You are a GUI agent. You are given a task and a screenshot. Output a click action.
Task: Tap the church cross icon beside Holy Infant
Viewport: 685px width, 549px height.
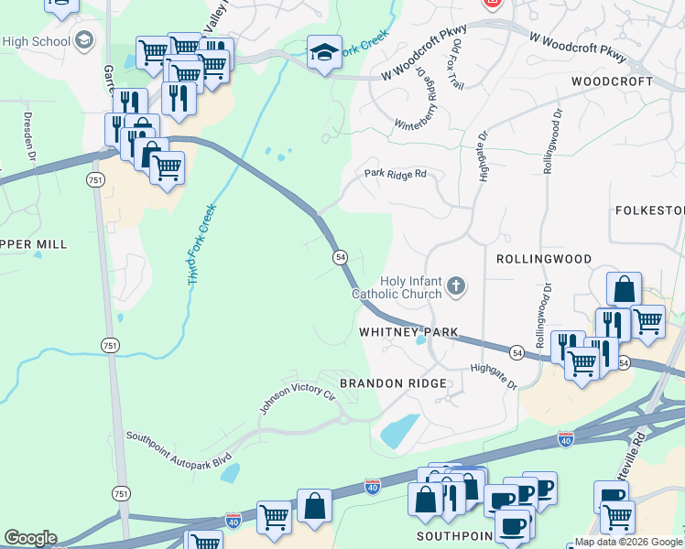click(456, 288)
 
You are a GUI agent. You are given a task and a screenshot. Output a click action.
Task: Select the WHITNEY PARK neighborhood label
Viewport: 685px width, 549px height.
click(408, 332)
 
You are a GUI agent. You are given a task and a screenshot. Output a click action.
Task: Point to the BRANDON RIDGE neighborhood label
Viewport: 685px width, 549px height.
click(394, 382)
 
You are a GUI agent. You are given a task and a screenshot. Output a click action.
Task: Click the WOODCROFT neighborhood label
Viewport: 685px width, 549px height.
click(612, 81)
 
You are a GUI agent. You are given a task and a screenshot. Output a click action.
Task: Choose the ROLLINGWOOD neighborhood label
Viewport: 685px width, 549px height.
click(544, 259)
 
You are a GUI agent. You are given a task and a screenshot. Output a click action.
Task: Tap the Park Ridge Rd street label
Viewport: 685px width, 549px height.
click(396, 173)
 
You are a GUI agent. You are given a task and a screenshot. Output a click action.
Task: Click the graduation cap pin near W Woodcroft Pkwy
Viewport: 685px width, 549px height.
click(324, 53)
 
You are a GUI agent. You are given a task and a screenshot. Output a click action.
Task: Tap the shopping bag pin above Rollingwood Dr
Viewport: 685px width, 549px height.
click(624, 289)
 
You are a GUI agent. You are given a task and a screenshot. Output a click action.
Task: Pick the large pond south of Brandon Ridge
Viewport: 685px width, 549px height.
click(399, 431)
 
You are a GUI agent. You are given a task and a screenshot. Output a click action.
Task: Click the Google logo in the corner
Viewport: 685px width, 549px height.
click(30, 538)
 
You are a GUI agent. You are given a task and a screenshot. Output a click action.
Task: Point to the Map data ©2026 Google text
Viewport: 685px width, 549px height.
click(627, 542)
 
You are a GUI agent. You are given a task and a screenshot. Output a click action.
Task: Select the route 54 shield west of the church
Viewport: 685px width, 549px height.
click(340, 259)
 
